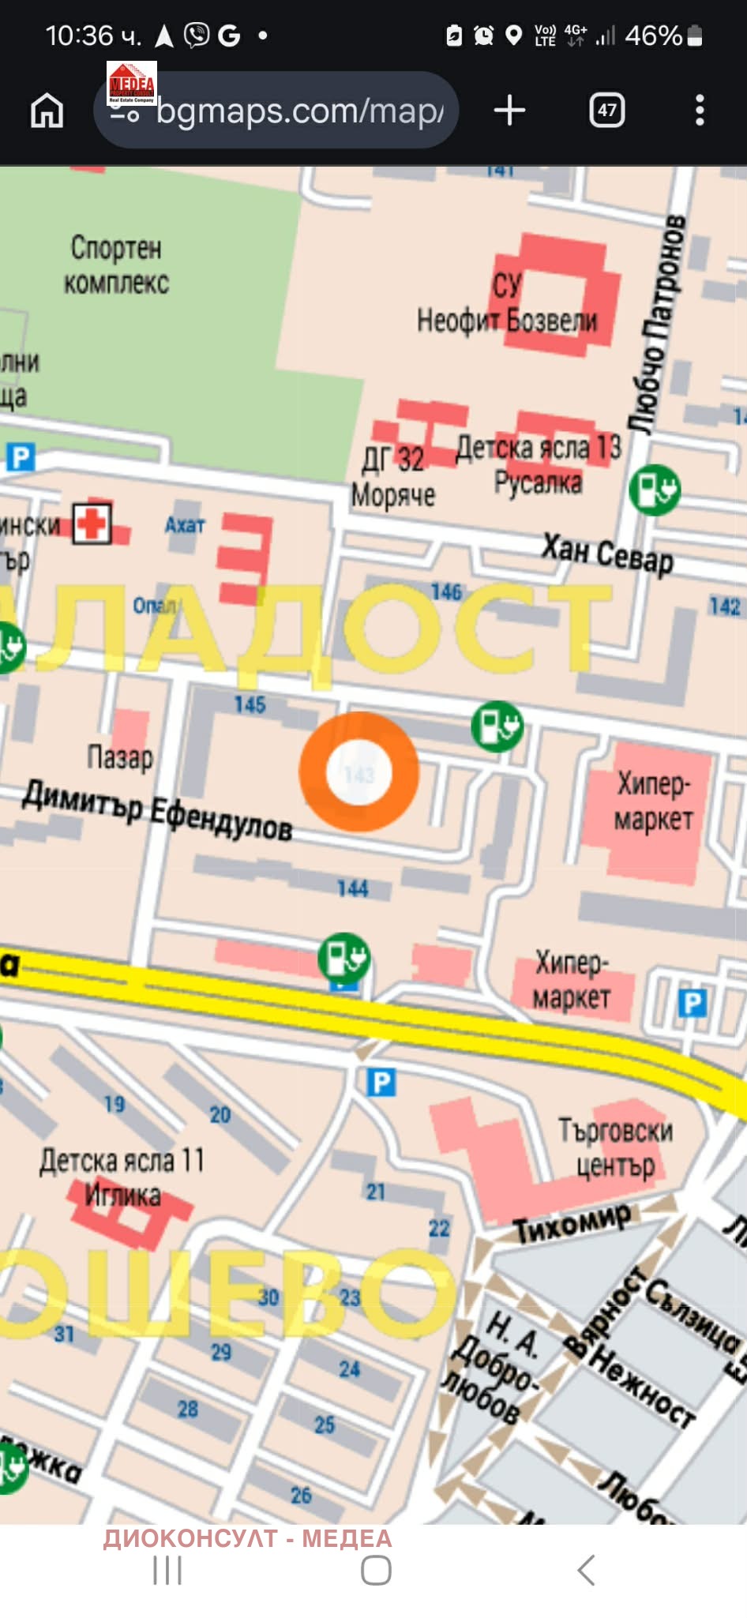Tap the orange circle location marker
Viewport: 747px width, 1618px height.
(358, 771)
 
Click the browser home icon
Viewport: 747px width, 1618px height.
(47, 110)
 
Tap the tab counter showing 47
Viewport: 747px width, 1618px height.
(606, 110)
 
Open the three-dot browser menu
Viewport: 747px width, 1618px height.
(699, 110)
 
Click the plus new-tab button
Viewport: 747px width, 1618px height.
(509, 110)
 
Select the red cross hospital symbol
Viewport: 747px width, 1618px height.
(92, 523)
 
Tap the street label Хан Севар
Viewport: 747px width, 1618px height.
(607, 552)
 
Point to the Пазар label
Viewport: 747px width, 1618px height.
(120, 756)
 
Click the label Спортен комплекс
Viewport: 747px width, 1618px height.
(116, 265)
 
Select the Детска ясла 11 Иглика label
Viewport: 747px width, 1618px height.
(122, 1177)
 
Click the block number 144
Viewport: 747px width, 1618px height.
(352, 888)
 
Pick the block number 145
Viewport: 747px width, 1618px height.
(250, 704)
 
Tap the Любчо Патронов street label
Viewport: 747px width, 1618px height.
(657, 324)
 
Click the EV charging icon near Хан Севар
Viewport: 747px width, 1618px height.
(655, 490)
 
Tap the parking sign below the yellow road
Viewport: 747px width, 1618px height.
(381, 1081)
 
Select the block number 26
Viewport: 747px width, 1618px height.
(301, 1495)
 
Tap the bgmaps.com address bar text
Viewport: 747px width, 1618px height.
(300, 111)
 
